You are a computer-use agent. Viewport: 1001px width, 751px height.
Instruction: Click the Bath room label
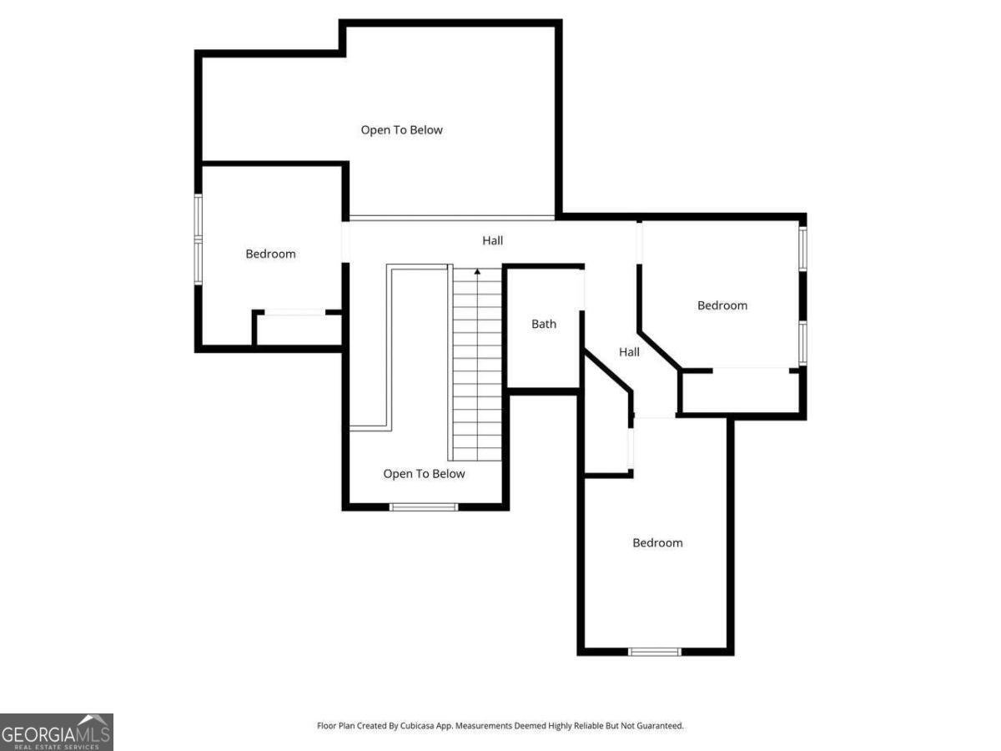(x=544, y=324)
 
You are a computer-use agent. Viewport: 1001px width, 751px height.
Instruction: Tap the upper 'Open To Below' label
(x=401, y=130)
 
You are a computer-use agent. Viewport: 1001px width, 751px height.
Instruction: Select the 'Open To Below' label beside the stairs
(x=424, y=474)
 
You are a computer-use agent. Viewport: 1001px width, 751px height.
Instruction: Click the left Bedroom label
(x=270, y=254)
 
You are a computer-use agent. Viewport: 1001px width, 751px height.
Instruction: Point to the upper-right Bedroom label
(x=722, y=305)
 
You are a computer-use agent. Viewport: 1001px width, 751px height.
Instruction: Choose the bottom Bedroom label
(x=657, y=542)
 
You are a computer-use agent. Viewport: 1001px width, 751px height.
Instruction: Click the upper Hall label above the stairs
(x=492, y=240)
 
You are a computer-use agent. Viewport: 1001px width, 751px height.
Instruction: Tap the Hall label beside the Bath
(x=629, y=352)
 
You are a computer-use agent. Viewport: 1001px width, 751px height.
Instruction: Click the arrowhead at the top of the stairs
(x=477, y=271)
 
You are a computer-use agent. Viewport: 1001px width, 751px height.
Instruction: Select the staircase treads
(x=477, y=367)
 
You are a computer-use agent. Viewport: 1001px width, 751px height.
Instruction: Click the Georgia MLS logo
(x=56, y=732)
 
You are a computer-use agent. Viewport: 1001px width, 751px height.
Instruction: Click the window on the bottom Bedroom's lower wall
(x=655, y=652)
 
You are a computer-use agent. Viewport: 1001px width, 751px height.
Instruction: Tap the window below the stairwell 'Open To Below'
(x=424, y=507)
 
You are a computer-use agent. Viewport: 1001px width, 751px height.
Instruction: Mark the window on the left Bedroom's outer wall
(x=199, y=239)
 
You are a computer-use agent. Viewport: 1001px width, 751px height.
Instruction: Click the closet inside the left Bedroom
(x=297, y=329)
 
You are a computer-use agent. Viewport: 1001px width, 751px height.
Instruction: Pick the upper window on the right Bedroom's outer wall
(x=802, y=249)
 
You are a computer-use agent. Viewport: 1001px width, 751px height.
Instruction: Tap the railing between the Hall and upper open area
(x=450, y=219)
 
